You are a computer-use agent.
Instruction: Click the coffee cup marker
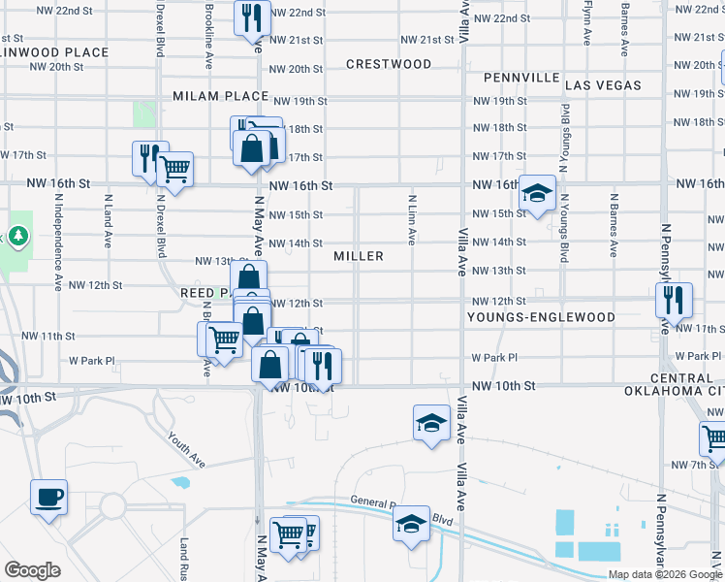(48, 498)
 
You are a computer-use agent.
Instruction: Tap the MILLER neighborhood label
(359, 256)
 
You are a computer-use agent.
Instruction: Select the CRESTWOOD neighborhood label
(390, 64)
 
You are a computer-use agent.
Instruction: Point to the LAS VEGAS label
(603, 85)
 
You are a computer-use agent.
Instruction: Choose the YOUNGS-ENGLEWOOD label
(541, 317)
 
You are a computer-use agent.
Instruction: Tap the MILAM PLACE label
(220, 96)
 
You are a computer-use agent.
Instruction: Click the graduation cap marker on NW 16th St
(536, 192)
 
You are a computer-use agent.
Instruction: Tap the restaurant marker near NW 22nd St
(252, 16)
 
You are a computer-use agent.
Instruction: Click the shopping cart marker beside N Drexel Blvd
(174, 169)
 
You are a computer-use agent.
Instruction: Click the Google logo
(32, 569)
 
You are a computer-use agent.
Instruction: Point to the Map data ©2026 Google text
(664, 574)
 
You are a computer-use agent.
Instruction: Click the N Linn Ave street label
(412, 220)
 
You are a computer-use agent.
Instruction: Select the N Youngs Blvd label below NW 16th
(563, 235)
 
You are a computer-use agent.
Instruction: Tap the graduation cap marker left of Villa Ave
(432, 423)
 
